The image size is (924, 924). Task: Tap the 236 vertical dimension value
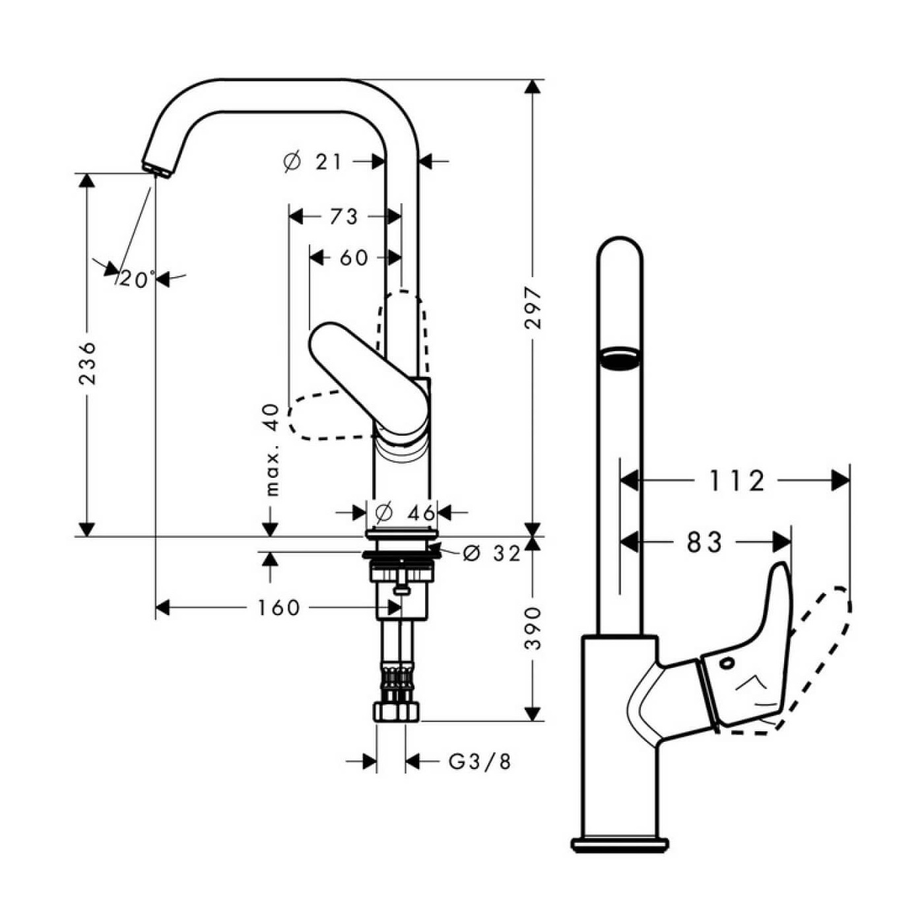pyautogui.click(x=88, y=363)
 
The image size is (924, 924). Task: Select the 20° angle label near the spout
pyautogui.click(x=137, y=280)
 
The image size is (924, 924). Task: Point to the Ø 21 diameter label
pyautogui.click(x=312, y=161)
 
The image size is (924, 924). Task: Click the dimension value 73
pyautogui.click(x=343, y=216)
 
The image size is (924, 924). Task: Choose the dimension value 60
pyautogui.click(x=354, y=258)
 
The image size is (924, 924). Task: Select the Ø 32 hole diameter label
pyautogui.click(x=492, y=554)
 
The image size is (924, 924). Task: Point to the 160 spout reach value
pyautogui.click(x=279, y=607)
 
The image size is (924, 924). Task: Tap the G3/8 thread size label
pyautogui.click(x=480, y=762)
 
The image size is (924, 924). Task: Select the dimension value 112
pyautogui.click(x=737, y=481)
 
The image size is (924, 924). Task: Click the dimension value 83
pyautogui.click(x=705, y=543)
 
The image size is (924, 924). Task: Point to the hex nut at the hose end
pyautogui.click(x=397, y=711)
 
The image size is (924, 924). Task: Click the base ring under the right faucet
pyautogui.click(x=620, y=843)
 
